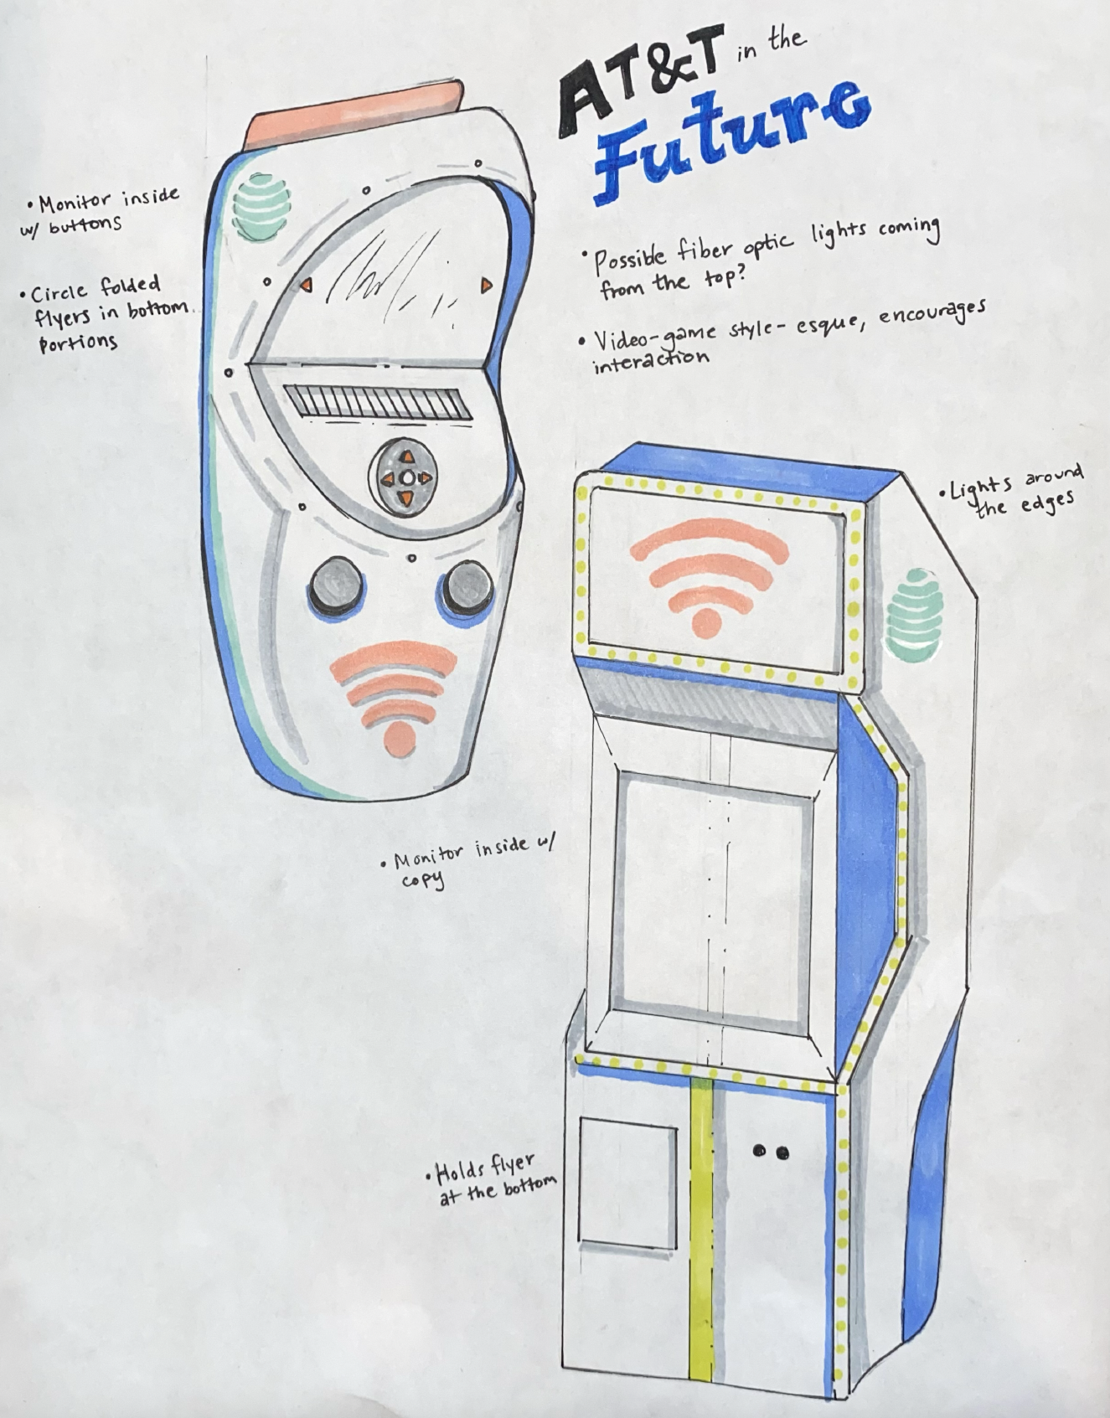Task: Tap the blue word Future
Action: [729, 138]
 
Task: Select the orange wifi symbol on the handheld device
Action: [395, 695]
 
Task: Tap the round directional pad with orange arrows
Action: [405, 478]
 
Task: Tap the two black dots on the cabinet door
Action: [770, 1152]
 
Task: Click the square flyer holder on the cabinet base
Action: [628, 1183]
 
